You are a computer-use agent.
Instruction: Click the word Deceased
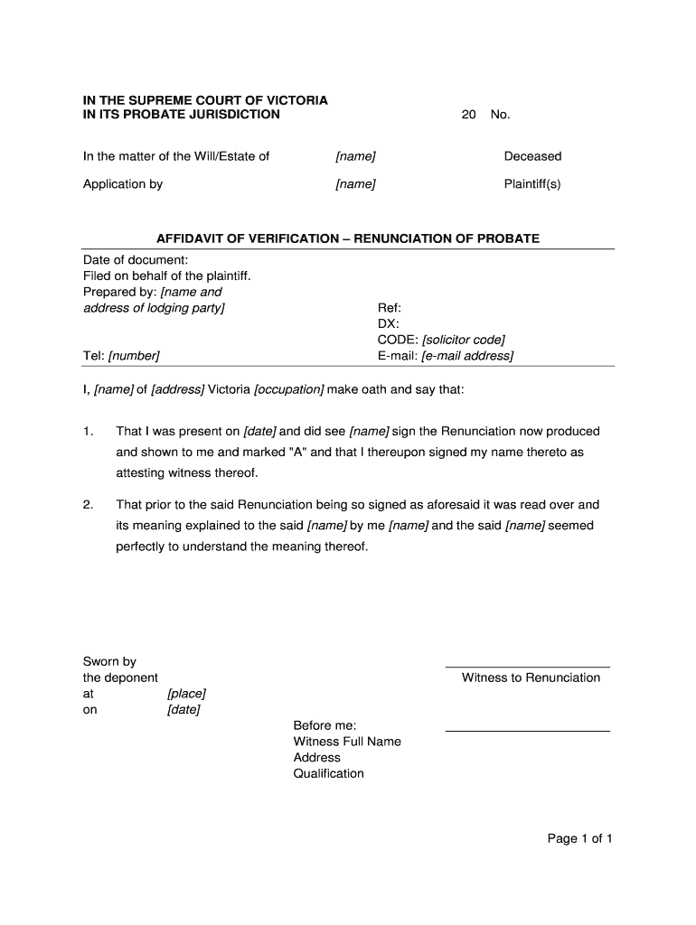532,156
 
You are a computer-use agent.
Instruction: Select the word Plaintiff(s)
532,184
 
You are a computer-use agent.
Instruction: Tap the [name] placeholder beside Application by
355,184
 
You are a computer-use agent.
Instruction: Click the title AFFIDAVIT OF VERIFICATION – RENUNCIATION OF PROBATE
348,238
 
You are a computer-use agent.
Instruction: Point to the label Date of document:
136,260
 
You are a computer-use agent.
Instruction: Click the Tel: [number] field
121,356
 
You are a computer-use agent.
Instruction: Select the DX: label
388,323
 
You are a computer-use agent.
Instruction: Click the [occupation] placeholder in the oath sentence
288,389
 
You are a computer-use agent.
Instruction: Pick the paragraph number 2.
88,505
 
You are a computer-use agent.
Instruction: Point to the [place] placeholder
186,694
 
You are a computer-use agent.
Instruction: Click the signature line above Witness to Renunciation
527,667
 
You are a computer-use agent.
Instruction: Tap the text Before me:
324,725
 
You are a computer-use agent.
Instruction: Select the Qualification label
328,773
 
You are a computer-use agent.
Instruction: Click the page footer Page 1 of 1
579,838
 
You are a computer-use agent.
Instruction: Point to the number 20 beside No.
468,115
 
